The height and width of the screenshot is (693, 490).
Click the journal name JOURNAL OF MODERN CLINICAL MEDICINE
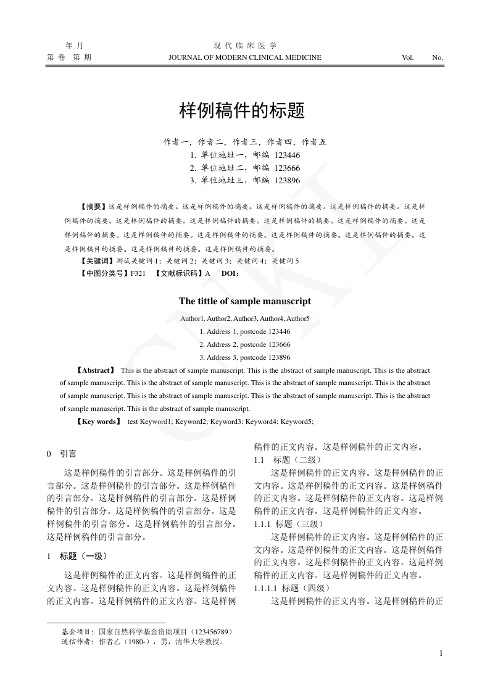click(244, 57)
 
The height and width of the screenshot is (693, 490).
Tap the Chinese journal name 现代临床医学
click(245, 46)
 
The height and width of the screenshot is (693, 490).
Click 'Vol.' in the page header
click(407, 57)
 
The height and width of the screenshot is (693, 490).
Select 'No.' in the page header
click(438, 57)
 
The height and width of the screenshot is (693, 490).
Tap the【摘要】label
click(93, 207)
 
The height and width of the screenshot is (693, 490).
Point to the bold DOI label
click(230, 273)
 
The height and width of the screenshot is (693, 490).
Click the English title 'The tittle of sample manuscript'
click(245, 302)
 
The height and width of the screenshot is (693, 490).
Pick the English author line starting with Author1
click(245, 318)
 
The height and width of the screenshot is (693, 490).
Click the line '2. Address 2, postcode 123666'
click(245, 344)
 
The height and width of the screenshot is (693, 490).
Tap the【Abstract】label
click(96, 370)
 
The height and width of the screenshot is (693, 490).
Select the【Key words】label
click(98, 421)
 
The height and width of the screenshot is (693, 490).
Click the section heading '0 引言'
click(62, 454)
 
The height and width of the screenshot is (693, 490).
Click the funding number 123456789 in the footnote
click(213, 632)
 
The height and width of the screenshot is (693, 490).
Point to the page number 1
click(441, 654)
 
